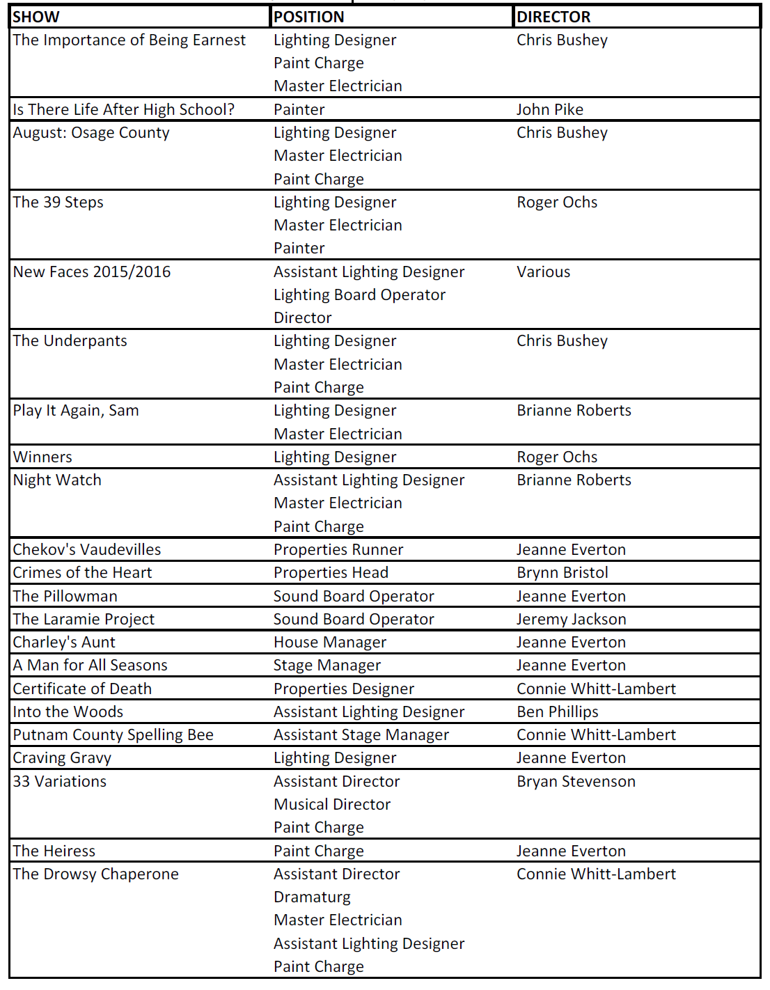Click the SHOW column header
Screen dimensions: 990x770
pyautogui.click(x=36, y=17)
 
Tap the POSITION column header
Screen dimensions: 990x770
pyautogui.click(x=308, y=17)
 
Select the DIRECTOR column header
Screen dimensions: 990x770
pyautogui.click(x=553, y=17)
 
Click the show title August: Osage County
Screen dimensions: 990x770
pyautogui.click(x=91, y=133)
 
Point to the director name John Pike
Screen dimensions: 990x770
pyautogui.click(x=550, y=109)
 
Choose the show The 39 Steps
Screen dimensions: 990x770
pyautogui.click(x=58, y=203)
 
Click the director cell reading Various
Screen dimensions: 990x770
pyautogui.click(x=543, y=272)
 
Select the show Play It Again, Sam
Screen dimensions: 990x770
pyautogui.click(x=76, y=411)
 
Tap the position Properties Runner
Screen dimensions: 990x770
pyautogui.click(x=338, y=550)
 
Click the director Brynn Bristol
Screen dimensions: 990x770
pyautogui.click(x=563, y=573)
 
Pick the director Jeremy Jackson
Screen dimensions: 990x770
pyautogui.click(x=572, y=620)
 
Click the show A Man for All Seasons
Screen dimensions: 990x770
pyautogui.click(x=91, y=666)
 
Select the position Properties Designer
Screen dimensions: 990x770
pyautogui.click(x=344, y=689)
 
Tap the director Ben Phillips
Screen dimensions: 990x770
pyautogui.click(x=558, y=712)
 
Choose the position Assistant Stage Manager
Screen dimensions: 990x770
pyautogui.click(x=361, y=735)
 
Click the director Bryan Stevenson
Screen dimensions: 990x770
pyautogui.click(x=576, y=782)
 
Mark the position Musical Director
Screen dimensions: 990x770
pyautogui.click(x=332, y=805)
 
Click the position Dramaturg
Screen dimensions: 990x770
pyautogui.click(x=312, y=897)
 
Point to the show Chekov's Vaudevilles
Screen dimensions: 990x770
pyautogui.click(x=87, y=550)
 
